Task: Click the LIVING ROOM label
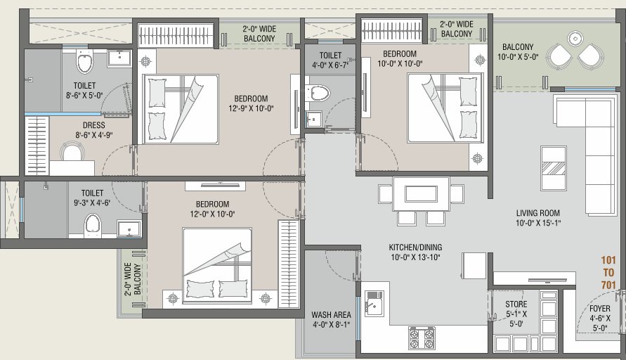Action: pyautogui.click(x=537, y=212)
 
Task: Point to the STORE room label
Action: pyautogui.click(x=516, y=304)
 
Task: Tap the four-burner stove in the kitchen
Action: pyautogui.click(x=422, y=337)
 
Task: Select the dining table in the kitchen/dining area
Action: pyautogui.click(x=421, y=193)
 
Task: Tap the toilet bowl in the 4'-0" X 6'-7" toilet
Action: pyautogui.click(x=318, y=92)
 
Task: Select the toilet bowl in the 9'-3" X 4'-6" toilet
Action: pyautogui.click(x=93, y=225)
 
